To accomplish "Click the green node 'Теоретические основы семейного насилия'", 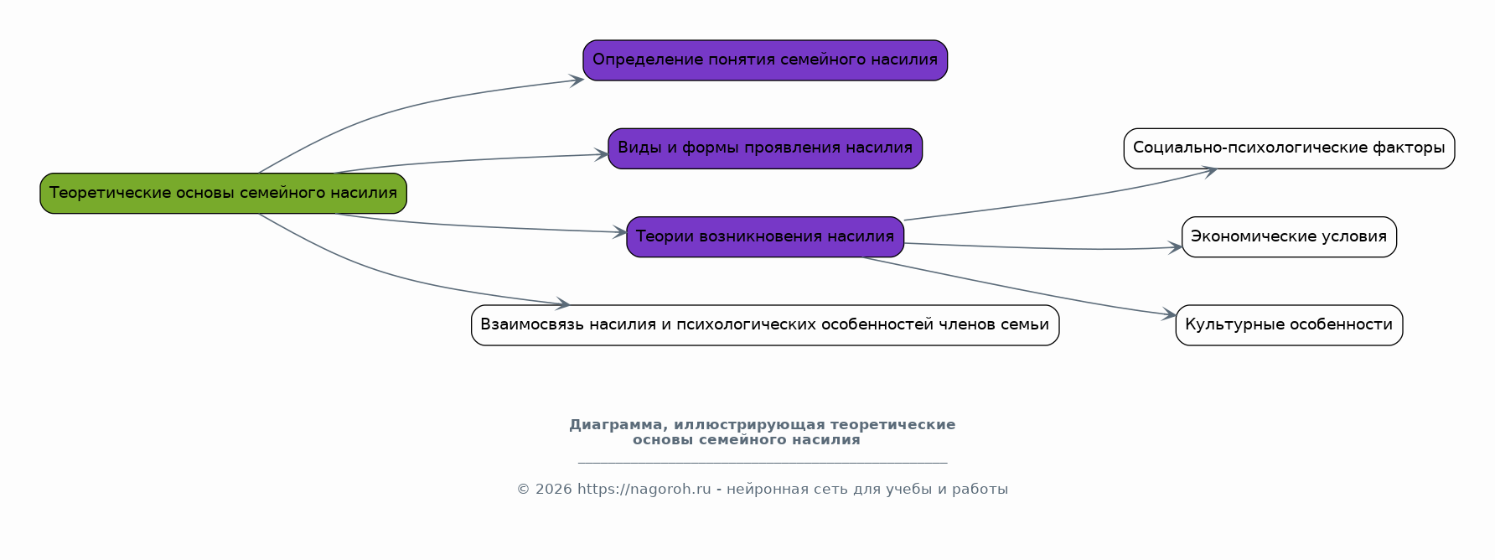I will tap(223, 194).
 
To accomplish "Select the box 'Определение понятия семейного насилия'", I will tap(765, 60).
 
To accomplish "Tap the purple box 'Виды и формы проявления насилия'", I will tap(765, 148).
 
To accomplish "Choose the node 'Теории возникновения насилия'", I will tap(765, 237).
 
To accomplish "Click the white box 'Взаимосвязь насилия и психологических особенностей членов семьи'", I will tap(765, 325).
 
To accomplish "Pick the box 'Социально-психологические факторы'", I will tap(1289, 148).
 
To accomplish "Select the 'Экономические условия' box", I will tap(1289, 237).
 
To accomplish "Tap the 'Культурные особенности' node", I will tap(1289, 325).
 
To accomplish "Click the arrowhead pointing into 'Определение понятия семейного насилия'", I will tap(577, 80).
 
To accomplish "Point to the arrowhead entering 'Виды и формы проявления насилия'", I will tap(602, 154).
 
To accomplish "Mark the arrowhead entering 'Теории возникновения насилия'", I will tap(620, 232).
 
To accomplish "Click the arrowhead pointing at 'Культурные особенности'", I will tap(1169, 315).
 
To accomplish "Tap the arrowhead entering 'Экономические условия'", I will tap(1175, 247).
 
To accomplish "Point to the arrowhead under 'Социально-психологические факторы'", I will tap(1210, 171).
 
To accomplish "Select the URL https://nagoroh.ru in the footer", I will tap(644, 490).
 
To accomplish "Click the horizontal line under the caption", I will tap(763, 462).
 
